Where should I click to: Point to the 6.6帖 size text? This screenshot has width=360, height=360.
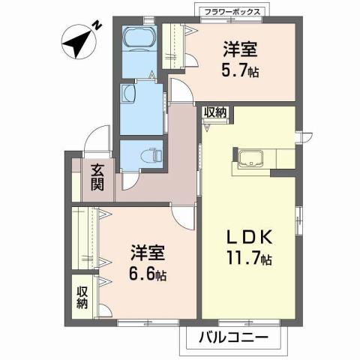point(147,274)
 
